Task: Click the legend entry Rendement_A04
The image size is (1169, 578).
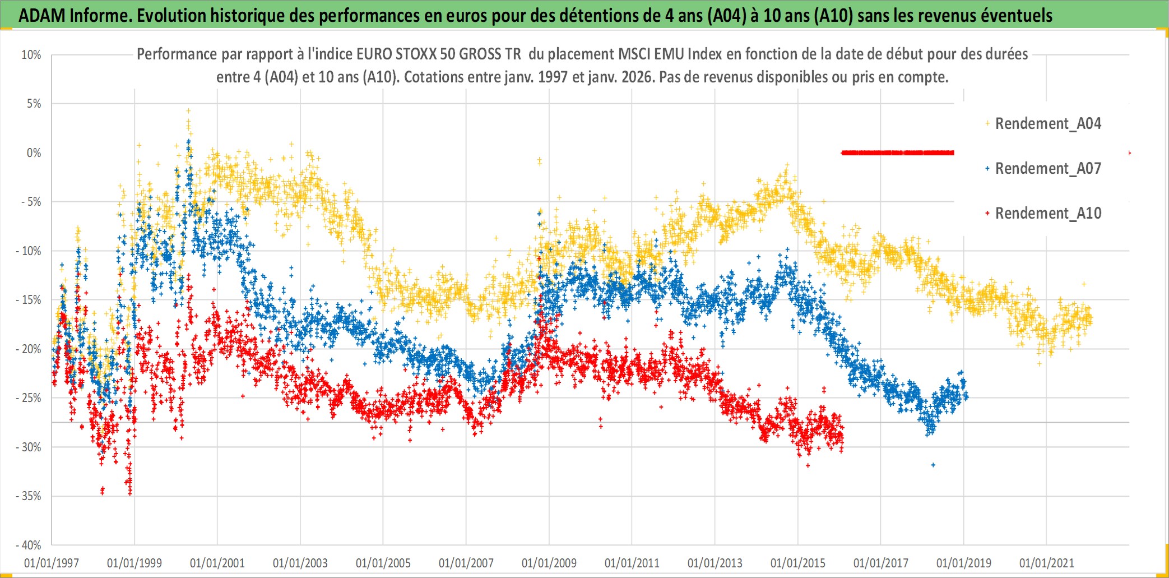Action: point(1047,123)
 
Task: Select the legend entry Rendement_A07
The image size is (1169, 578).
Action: point(1047,168)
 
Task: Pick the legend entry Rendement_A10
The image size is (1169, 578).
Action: point(1047,213)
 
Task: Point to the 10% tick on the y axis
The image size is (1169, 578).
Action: point(31,55)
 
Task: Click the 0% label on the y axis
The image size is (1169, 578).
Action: point(34,153)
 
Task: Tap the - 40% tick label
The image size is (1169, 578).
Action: point(29,545)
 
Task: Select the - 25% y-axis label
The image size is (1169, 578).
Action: point(29,398)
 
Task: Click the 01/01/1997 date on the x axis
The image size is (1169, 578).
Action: point(52,563)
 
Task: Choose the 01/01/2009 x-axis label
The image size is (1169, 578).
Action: point(549,563)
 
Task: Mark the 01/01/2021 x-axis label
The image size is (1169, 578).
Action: point(1047,563)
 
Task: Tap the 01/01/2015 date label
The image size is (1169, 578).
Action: point(798,563)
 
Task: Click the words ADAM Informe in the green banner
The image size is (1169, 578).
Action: point(75,16)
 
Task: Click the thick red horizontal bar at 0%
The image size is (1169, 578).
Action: point(897,152)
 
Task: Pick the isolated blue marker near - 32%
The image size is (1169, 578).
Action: point(933,465)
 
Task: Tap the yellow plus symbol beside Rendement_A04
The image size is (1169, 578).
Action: point(987,123)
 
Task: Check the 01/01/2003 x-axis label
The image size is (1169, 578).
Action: point(300,563)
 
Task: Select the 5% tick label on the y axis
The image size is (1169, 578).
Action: point(34,104)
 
